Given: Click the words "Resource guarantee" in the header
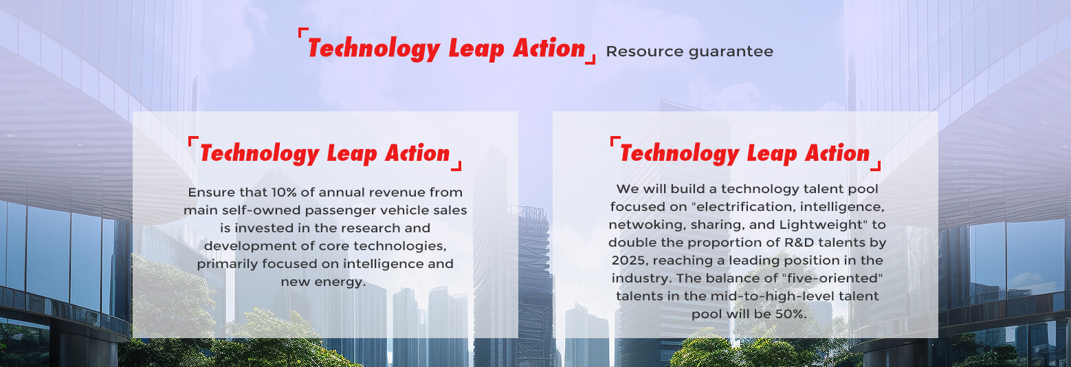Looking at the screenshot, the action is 689,51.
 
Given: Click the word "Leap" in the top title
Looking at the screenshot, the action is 476,49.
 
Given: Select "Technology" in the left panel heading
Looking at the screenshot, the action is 259,153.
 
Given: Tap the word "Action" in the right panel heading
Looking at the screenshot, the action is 837,153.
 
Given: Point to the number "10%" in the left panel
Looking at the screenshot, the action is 284,192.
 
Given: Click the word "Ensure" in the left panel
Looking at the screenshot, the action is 211,192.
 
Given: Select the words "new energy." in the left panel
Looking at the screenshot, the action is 323,282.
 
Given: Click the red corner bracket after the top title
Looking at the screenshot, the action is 591,59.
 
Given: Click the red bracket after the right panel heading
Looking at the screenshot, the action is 876,166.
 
